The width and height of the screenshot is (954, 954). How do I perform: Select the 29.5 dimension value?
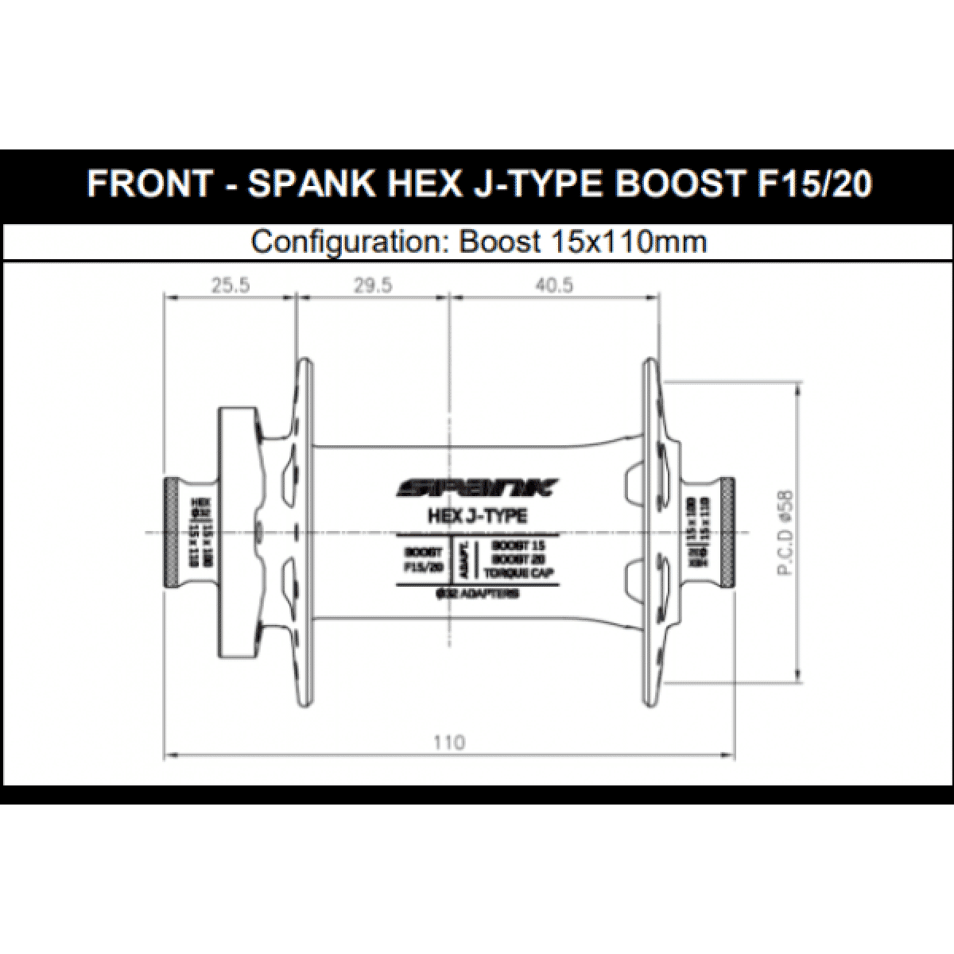point(373,285)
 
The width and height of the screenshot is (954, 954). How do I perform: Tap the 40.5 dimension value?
point(553,285)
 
